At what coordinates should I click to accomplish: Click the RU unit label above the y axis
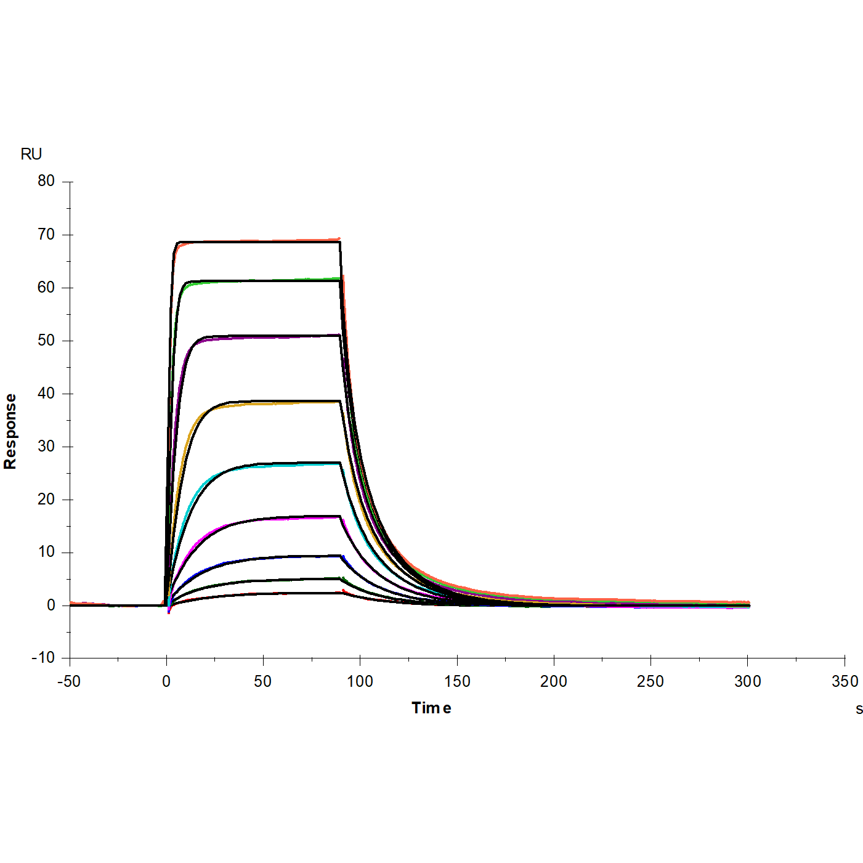click(31, 154)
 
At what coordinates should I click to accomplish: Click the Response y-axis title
click(10, 431)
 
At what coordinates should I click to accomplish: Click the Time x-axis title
click(431, 708)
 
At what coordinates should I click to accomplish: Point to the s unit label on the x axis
click(859, 709)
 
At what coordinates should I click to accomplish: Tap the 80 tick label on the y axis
click(46, 181)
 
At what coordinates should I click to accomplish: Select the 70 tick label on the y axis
click(46, 235)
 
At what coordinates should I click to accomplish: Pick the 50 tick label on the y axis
click(46, 341)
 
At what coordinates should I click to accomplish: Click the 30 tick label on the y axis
click(46, 447)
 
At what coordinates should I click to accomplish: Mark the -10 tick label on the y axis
click(43, 658)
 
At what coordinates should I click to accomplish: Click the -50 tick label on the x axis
click(69, 681)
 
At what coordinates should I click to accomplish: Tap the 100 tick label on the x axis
click(360, 681)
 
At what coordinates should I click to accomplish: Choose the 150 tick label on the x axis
click(457, 681)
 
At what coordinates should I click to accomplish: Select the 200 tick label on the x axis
click(554, 681)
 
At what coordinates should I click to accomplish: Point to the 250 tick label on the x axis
click(650, 681)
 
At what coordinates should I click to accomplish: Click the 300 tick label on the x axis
click(748, 681)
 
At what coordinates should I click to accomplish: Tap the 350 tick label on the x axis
click(845, 681)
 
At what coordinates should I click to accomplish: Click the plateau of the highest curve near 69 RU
click(259, 241)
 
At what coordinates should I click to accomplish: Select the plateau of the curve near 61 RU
click(259, 281)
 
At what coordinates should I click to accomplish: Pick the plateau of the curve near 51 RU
click(259, 336)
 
